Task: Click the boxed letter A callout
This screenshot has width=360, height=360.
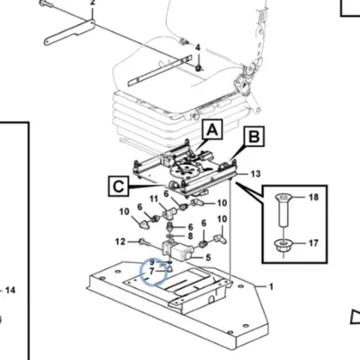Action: pyautogui.click(x=212, y=130)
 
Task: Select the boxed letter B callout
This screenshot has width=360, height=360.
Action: pyautogui.click(x=254, y=137)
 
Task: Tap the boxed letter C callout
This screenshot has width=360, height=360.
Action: pyautogui.click(x=118, y=186)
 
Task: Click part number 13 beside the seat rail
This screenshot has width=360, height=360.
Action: pyautogui.click(x=255, y=174)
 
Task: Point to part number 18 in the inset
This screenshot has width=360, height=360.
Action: pyautogui.click(x=312, y=197)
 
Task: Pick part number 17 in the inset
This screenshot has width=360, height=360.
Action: pyautogui.click(x=312, y=243)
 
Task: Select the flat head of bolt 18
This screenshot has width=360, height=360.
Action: pyautogui.click(x=283, y=197)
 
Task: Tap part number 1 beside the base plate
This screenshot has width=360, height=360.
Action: pyautogui.click(x=271, y=287)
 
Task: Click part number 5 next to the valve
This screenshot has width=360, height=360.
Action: pyautogui.click(x=208, y=257)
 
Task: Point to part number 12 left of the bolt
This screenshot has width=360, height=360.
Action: pyautogui.click(x=121, y=241)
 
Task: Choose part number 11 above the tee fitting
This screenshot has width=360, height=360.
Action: pyautogui.click(x=154, y=199)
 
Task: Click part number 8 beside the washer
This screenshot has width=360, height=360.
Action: pyautogui.click(x=190, y=236)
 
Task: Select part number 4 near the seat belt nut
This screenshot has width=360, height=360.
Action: pyautogui.click(x=197, y=48)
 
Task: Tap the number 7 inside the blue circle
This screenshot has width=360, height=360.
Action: pyautogui.click(x=151, y=271)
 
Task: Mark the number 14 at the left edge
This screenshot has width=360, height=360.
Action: pyautogui.click(x=10, y=290)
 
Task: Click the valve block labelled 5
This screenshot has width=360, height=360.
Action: pyautogui.click(x=177, y=250)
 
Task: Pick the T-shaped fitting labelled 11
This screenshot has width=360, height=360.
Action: pyautogui.click(x=170, y=214)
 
